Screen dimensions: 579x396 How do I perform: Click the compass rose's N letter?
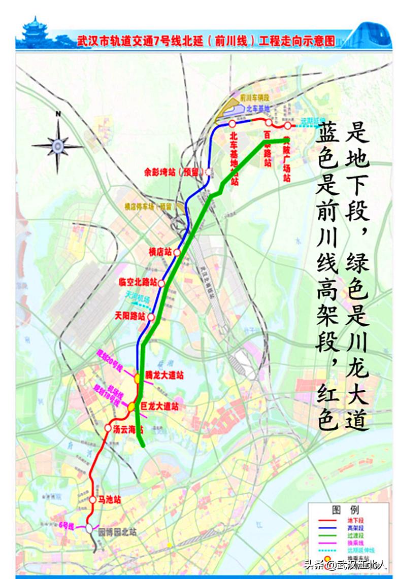(x=58, y=114)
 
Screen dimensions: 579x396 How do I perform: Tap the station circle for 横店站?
(x=177, y=252)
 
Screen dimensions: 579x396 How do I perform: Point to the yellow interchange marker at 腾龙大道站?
(x=137, y=378)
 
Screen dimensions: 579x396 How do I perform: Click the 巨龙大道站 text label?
(x=159, y=406)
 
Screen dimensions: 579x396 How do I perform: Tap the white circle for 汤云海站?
(x=108, y=428)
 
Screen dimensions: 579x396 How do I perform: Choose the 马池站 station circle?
(x=93, y=500)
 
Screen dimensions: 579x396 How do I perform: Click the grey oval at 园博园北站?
(x=89, y=528)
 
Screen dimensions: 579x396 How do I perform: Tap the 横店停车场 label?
(x=148, y=207)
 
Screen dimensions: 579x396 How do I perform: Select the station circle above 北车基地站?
(x=232, y=123)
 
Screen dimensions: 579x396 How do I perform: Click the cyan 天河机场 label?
(x=139, y=300)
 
